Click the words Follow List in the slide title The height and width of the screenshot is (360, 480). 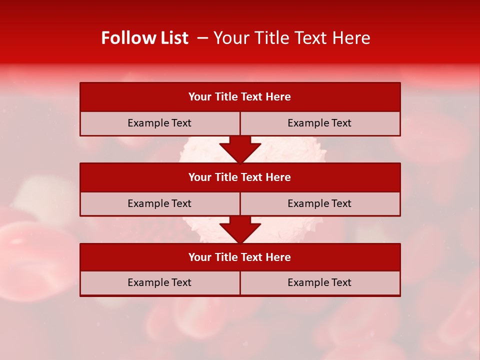click(144, 38)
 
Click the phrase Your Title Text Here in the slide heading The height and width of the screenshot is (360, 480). click(292, 38)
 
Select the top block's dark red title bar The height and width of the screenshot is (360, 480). click(240, 97)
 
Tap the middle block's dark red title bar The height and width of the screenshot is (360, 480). click(240, 177)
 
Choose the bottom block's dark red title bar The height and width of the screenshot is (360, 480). click(240, 257)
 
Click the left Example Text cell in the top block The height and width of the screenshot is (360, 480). click(159, 123)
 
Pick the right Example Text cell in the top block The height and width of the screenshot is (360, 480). click(320, 123)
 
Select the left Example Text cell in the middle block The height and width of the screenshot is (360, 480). click(159, 203)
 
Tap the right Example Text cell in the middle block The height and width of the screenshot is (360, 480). click(320, 203)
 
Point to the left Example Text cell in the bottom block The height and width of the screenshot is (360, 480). click(159, 283)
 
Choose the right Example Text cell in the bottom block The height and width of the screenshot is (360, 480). click(320, 283)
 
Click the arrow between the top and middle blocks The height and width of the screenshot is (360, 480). click(240, 149)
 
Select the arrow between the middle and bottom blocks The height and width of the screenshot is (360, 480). click(240, 229)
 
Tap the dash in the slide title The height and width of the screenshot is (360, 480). click(202, 38)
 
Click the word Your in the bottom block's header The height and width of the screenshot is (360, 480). click(199, 257)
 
